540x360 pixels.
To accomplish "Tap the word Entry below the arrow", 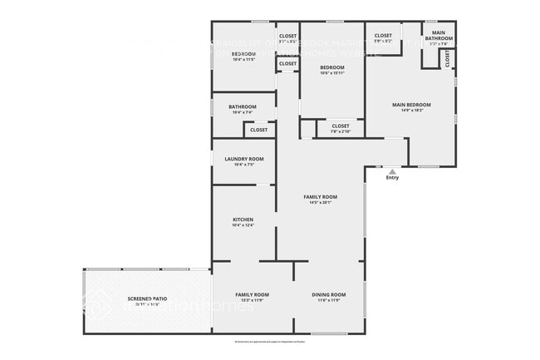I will pyautogui.click(x=392, y=177).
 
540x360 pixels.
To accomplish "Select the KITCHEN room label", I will pyautogui.click(x=243, y=219).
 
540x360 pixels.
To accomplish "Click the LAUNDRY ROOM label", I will pyautogui.click(x=244, y=159).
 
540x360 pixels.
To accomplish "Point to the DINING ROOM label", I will pyautogui.click(x=328, y=294).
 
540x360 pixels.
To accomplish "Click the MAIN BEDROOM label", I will pyautogui.click(x=411, y=104).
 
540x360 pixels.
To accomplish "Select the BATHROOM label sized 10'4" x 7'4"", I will pyautogui.click(x=242, y=106).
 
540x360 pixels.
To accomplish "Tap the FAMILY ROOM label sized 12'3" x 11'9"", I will pyautogui.click(x=252, y=294).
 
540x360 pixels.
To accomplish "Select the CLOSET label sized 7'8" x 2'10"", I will pyautogui.click(x=341, y=126).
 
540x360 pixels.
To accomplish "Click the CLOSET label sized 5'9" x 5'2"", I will pyautogui.click(x=383, y=36).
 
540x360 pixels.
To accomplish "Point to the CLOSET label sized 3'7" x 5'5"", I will pyautogui.click(x=288, y=36).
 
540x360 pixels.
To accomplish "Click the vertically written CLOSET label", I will pyautogui.click(x=448, y=59).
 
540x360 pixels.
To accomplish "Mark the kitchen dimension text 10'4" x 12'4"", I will pyautogui.click(x=243, y=225).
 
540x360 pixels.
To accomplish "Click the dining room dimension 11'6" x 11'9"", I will pyautogui.click(x=328, y=300).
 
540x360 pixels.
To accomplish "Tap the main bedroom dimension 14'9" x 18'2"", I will pyautogui.click(x=411, y=110).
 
